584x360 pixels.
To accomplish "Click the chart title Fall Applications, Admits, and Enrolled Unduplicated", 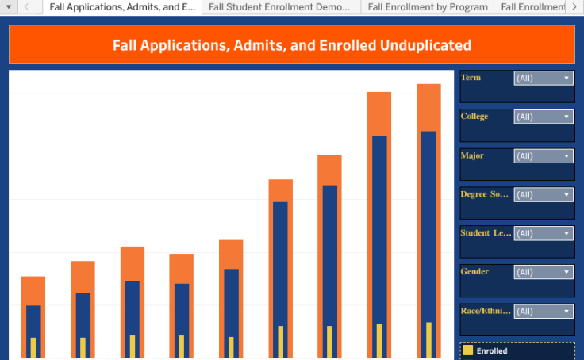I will pos(291,45).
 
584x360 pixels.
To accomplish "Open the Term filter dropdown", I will pos(544,78).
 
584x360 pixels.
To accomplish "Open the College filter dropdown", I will pos(544,117).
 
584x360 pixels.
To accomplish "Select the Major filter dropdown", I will pos(544,156).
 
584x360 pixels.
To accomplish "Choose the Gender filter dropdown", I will pos(544,272).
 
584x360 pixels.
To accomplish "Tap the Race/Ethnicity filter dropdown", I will pos(544,312).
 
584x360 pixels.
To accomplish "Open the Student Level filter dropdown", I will pos(544,233).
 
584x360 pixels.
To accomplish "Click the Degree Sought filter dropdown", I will pos(544,194).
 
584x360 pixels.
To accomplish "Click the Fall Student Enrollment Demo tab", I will pos(279,6).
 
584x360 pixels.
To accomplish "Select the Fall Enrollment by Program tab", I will pos(427,6).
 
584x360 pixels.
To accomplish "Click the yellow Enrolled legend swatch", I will pos(468,350).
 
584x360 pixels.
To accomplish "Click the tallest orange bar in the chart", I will pos(428,107).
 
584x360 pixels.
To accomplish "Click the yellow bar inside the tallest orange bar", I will pos(428,340).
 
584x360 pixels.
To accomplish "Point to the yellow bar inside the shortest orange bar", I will pos(33,348).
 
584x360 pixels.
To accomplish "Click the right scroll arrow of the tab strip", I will pos(574,6).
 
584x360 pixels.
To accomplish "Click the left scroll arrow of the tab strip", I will pos(25,6).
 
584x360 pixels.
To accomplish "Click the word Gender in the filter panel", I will pos(474,272).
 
